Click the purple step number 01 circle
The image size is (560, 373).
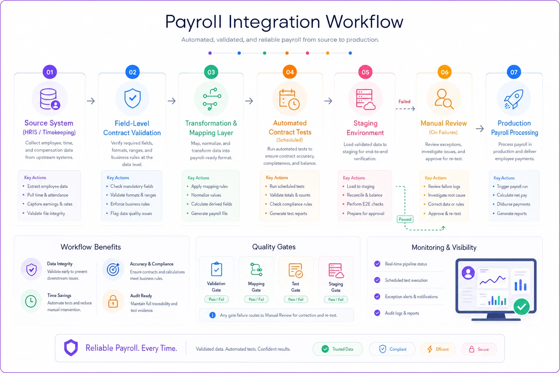tap(50, 72)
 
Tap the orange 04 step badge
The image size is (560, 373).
tap(290, 72)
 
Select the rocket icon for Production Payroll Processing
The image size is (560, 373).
tap(513, 99)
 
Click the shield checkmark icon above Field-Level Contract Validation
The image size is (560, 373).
tap(132, 98)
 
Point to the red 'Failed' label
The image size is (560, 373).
tap(404, 101)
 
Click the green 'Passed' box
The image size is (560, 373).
tap(405, 219)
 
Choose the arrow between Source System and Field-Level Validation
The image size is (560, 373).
tap(91, 101)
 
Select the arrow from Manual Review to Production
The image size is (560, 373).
tap(480, 129)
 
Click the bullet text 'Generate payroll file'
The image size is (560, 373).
tap(209, 213)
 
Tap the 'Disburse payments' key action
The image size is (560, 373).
tap(513, 204)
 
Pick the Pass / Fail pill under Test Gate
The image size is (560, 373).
tap(296, 299)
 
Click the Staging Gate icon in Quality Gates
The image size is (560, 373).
tap(336, 270)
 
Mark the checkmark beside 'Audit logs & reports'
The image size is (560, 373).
tap(377, 313)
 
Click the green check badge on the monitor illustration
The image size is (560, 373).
tap(521, 307)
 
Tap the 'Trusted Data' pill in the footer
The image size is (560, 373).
tap(338, 349)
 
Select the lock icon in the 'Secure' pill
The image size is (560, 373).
tap(471, 349)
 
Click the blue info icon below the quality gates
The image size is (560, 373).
tap(212, 315)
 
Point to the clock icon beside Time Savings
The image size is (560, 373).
tap(31, 301)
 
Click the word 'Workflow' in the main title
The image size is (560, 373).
tap(365, 22)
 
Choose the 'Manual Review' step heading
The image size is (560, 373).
tap(443, 123)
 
